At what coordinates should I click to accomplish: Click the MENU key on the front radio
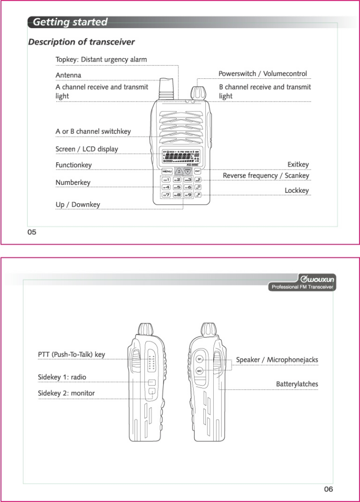pos(167,171)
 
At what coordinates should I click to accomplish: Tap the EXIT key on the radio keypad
pos(197,170)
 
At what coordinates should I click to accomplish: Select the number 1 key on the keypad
pos(165,179)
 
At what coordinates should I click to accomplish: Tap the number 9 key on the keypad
pos(188,195)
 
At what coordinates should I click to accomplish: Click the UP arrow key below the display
pos(178,170)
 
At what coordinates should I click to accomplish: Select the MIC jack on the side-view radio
pos(200,371)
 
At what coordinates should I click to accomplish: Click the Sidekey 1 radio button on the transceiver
pos(152,382)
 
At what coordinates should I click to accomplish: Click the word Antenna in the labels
pos(68,75)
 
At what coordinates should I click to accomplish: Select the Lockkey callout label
pos(297,191)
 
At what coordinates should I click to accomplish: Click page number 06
pos(328,489)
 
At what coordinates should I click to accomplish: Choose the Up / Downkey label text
pos(78,205)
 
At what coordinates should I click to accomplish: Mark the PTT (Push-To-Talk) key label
pos(72,354)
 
